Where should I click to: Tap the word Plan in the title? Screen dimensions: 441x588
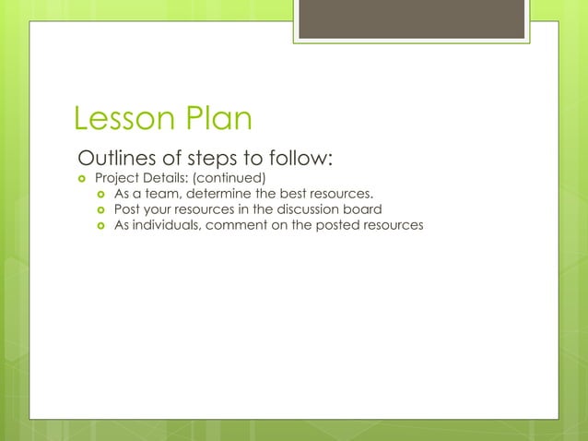218,119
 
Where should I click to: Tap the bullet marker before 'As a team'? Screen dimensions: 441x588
100,194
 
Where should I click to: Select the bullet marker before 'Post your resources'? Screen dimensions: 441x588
100,209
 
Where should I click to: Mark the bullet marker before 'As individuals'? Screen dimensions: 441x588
100,225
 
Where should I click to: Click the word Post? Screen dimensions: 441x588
126,209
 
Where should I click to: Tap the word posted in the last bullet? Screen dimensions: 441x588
338,225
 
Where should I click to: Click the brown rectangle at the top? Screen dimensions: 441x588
411,19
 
